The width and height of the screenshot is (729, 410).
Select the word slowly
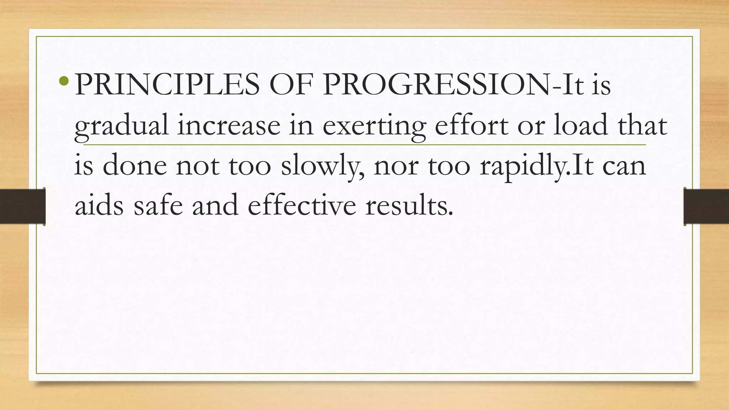tap(322, 167)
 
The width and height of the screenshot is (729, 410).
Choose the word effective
tap(301, 206)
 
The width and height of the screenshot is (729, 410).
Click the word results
tap(409, 206)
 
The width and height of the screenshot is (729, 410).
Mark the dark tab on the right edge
tap(706, 206)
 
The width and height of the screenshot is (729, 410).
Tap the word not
tap(197, 167)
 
